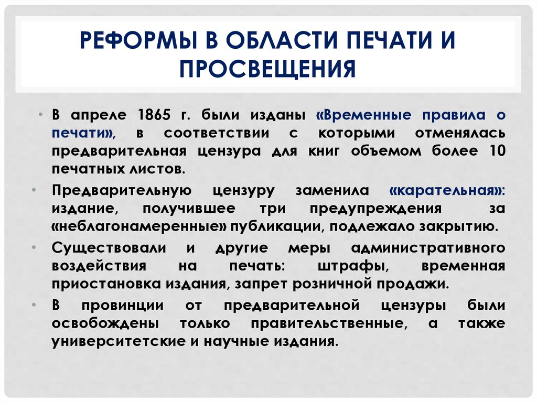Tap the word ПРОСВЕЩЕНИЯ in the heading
(267, 69)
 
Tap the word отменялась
(460, 133)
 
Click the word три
(272, 209)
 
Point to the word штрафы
(360, 266)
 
